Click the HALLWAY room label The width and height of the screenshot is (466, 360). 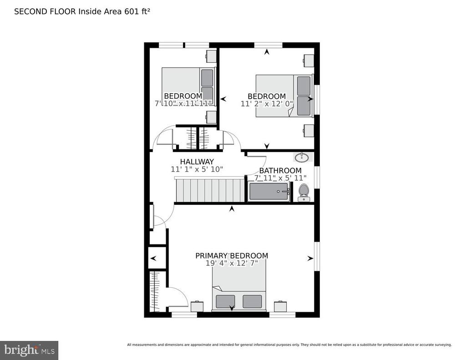coord(197,162)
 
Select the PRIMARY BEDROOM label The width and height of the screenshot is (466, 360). coord(232,256)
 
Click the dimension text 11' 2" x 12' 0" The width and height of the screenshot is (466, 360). coord(267,104)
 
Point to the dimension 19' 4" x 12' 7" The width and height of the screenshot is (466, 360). coord(232,263)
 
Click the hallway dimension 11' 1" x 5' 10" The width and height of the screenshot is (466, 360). coord(197,169)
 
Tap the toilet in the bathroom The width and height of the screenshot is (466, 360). coord(303,193)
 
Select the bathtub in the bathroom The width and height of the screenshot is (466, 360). coord(269,191)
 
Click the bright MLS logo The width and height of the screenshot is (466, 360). coord(29,350)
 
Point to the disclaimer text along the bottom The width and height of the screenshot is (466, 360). coord(289,345)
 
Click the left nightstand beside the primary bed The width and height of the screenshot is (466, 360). coord(197,306)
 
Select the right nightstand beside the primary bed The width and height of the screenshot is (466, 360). coord(280,306)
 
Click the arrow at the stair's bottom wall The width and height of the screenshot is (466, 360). coord(232,209)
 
